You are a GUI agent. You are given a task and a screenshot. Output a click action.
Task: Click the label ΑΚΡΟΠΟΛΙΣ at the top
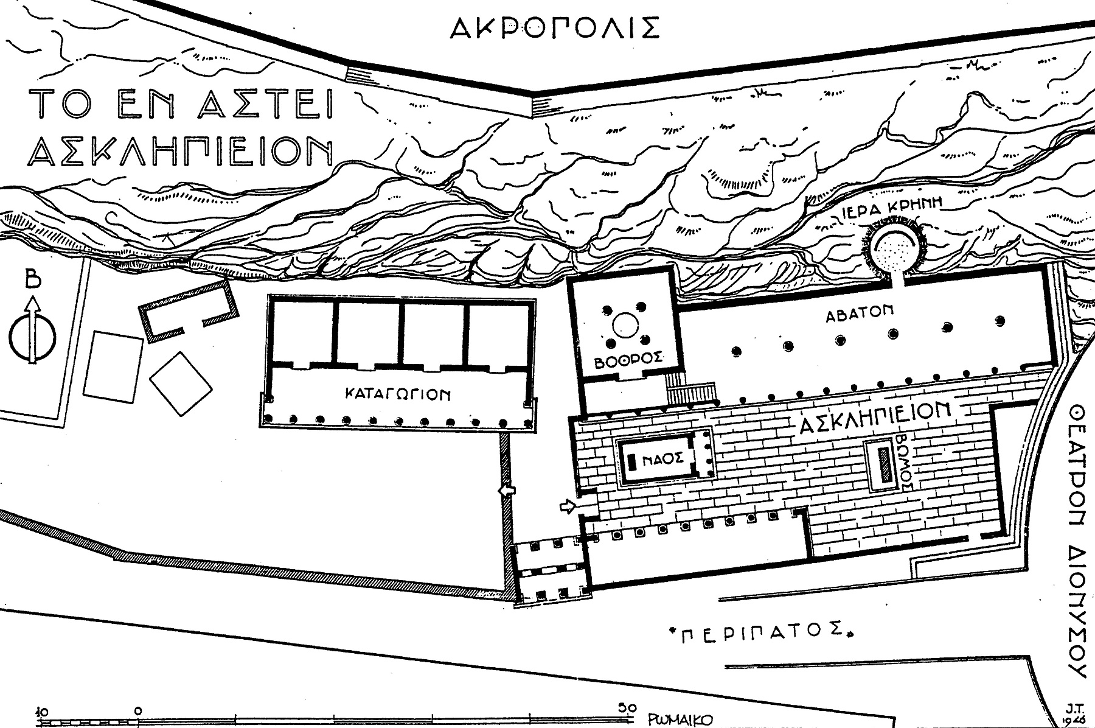554,27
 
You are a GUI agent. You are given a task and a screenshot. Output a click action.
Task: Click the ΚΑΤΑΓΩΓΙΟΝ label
398,394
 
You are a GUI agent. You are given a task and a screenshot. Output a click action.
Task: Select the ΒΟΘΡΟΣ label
628,360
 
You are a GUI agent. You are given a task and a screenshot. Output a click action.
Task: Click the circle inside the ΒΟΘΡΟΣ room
625,324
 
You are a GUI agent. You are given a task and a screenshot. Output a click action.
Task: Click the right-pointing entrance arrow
568,506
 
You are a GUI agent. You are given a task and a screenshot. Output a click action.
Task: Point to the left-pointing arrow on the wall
505,491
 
